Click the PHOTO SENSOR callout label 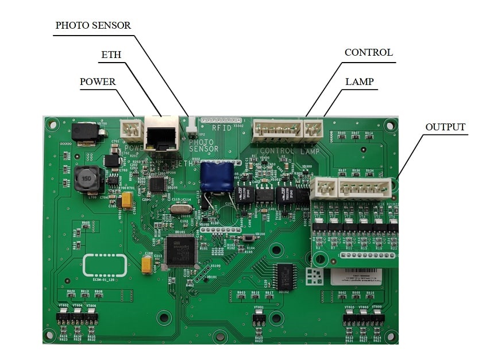click(93, 25)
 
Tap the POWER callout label click(98, 82)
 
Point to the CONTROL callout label click(368, 52)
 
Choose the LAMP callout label click(360, 82)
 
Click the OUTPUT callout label click(445, 127)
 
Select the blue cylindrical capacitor click(217, 176)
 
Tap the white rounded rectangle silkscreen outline click(105, 265)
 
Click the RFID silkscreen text click(222, 127)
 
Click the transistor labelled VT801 click(259, 317)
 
